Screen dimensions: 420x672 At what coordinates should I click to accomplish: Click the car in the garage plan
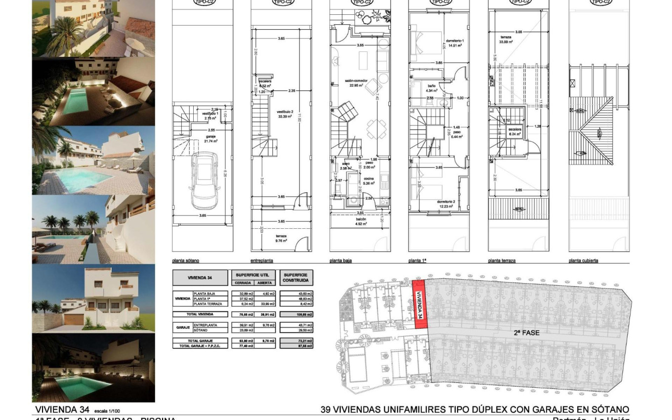(205, 180)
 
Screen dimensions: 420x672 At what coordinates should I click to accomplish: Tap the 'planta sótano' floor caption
(186, 261)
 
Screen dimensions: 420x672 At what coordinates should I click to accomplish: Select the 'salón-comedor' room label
(354, 82)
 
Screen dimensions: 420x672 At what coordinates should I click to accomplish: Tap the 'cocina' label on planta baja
(370, 178)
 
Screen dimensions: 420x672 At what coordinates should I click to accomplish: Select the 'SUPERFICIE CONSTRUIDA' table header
(296, 277)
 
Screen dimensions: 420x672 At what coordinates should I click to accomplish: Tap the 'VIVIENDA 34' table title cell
(201, 278)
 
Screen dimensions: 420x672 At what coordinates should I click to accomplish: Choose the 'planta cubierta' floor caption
(584, 261)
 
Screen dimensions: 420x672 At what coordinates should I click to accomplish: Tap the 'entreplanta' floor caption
(262, 261)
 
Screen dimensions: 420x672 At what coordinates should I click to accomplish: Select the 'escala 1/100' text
(107, 411)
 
